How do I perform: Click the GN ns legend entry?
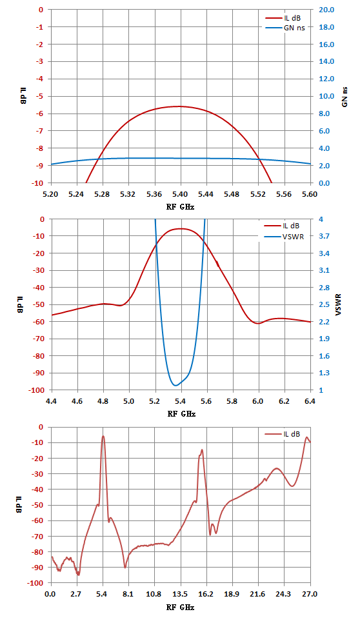285,28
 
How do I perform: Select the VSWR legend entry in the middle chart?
284,237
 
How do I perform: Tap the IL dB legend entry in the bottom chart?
283,434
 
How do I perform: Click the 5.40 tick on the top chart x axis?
181,194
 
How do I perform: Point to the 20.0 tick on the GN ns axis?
326,10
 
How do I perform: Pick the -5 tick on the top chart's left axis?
41,96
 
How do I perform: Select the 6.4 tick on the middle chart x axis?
310,401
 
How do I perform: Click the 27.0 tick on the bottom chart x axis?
310,594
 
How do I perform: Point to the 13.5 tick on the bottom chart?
181,594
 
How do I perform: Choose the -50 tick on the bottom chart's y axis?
38,505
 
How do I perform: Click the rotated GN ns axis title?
345,97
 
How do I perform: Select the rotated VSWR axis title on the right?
338,305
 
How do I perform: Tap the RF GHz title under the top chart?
181,206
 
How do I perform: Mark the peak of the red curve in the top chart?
179,106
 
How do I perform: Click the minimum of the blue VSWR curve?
175,386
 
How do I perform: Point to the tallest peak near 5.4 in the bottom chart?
103,436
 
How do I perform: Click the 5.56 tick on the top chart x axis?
284,194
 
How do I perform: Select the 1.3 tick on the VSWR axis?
324,373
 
